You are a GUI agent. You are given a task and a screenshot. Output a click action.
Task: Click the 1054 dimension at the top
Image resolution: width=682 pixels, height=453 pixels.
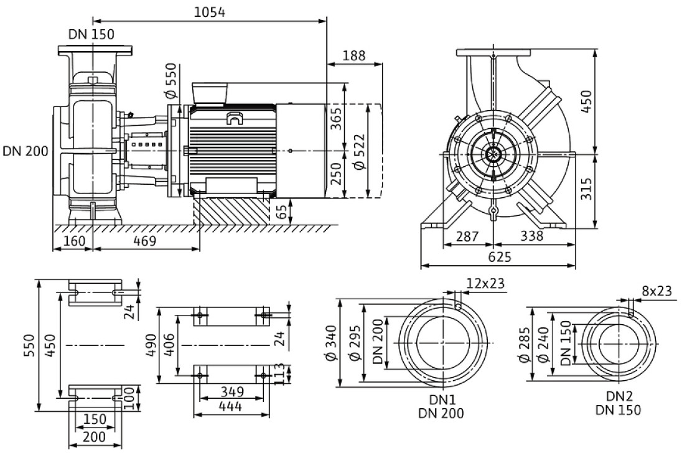(210, 12)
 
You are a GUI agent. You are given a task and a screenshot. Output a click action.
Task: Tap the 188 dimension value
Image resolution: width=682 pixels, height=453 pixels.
(354, 55)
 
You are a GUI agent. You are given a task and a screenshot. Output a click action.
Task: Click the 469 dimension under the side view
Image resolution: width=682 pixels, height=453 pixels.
(144, 241)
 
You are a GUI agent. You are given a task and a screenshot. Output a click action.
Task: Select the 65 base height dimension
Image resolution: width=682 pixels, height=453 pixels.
(282, 212)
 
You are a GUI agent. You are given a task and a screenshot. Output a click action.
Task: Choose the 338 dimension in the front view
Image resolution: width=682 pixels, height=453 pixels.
(531, 236)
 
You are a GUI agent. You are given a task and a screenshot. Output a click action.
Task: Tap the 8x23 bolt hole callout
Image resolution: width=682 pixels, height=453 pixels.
(656, 291)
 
